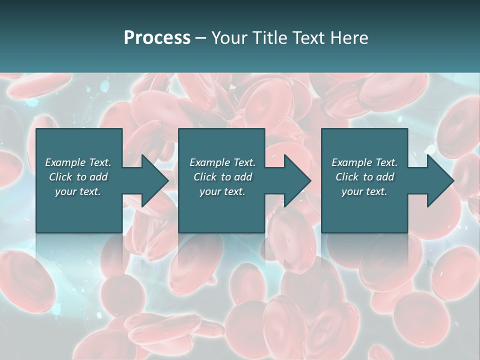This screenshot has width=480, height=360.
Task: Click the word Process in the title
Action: pos(157,38)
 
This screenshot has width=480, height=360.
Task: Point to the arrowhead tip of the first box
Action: pos(168,181)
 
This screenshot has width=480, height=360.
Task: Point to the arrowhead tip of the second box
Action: pos(311,181)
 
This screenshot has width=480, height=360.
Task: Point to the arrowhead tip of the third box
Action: pos(453,181)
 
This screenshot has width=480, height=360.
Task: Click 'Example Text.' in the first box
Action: pos(78,162)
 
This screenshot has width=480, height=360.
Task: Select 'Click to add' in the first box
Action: pos(78,177)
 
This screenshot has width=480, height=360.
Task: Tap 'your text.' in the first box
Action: pos(78,191)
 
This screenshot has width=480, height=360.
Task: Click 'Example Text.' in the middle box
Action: pos(222,162)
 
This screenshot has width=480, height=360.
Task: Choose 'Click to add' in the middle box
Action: pos(222,177)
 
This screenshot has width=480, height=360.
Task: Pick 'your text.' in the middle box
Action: pos(222,191)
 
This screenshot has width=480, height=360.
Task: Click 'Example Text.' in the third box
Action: pos(364,162)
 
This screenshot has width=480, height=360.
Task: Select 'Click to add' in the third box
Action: pos(364,177)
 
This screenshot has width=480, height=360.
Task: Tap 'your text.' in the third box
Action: pos(364,191)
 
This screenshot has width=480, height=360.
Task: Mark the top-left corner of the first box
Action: pos(36,129)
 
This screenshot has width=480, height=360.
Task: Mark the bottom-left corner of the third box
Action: pos(322,232)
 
